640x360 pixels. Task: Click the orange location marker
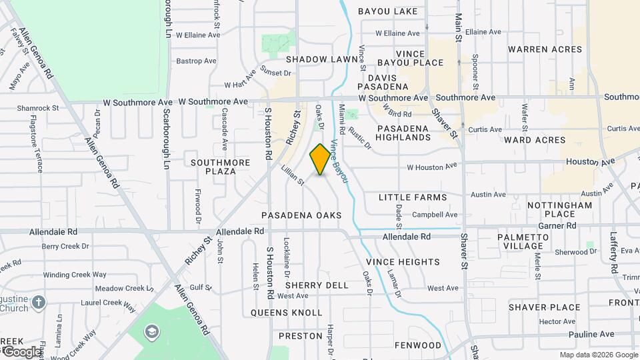(x=320, y=159)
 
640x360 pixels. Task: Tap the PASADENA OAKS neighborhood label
(x=301, y=215)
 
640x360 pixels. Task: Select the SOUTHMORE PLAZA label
(x=220, y=167)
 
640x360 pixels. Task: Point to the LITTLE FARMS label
(x=413, y=197)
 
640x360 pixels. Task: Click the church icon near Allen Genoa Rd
(x=39, y=301)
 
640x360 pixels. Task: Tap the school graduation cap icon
(x=153, y=331)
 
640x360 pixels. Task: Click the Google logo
(x=21, y=351)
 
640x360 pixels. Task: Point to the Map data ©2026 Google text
(x=598, y=355)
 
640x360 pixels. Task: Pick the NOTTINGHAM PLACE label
(x=559, y=209)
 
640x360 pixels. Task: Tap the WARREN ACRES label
(x=545, y=49)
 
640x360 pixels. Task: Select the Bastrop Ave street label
(x=197, y=61)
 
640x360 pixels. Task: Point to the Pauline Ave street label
(x=591, y=334)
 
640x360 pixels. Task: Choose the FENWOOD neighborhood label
(x=418, y=345)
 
